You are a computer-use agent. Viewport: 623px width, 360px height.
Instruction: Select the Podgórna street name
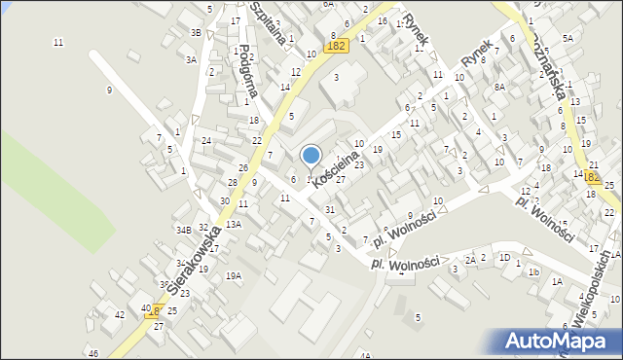point(247,71)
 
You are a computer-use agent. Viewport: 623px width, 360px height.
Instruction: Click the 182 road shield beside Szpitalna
point(336,46)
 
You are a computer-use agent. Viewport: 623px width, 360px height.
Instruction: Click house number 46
point(92,352)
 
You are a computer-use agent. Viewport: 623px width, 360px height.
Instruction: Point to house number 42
point(119,315)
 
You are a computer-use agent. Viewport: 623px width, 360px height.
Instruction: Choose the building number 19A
point(234,275)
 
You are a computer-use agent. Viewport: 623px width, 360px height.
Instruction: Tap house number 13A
point(234,224)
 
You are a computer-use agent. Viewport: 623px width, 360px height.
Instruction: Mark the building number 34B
point(183,231)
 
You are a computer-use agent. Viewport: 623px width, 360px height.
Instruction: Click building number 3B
point(196,33)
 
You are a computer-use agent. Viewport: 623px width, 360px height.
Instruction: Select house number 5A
point(567,37)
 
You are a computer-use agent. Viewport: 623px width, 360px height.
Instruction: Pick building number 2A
point(469,260)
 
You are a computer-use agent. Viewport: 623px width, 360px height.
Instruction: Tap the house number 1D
point(504,258)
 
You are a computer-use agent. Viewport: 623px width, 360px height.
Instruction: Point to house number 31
point(330,210)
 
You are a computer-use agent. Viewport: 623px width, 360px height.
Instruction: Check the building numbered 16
point(383,20)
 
